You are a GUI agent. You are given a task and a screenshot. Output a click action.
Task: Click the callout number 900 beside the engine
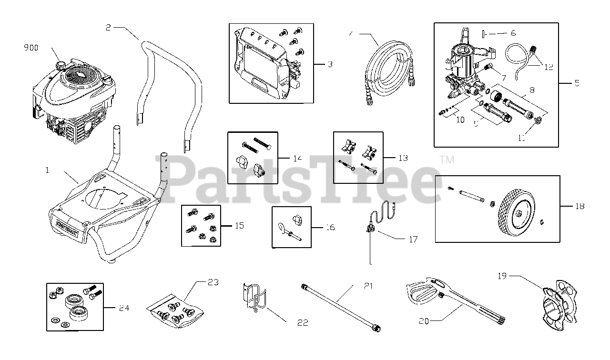tap(31, 48)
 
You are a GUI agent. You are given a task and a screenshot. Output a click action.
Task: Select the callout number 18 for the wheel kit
tap(579, 206)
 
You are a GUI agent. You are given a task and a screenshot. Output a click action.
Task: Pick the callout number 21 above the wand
tap(368, 286)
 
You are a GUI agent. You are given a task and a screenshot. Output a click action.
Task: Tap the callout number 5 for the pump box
tap(577, 83)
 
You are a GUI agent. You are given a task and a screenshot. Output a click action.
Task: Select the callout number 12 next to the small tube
tap(549, 67)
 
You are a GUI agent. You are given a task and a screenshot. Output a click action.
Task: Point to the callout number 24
tap(124, 308)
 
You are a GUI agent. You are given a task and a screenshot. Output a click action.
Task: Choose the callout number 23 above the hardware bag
tap(213, 282)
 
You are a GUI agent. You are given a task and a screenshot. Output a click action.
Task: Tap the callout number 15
tap(239, 225)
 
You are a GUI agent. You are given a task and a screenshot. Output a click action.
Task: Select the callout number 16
tap(329, 227)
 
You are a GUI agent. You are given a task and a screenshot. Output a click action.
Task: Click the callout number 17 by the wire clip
tap(413, 239)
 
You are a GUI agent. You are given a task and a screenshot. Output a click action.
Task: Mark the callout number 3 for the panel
tap(330, 64)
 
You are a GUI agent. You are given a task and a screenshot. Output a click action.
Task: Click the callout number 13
tap(403, 158)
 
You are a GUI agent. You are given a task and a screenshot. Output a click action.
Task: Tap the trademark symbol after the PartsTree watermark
tap(446, 160)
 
